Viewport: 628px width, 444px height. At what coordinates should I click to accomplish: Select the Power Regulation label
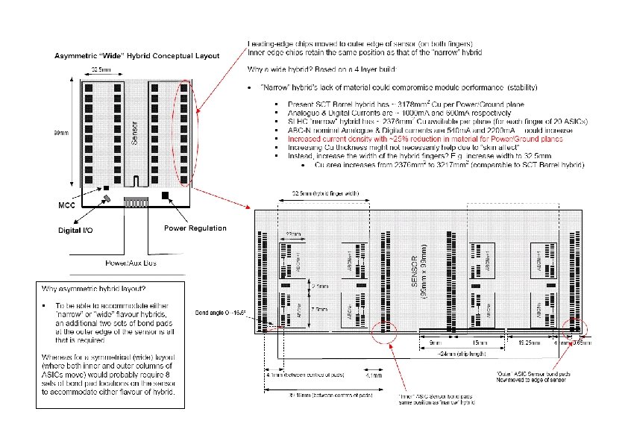click(x=195, y=228)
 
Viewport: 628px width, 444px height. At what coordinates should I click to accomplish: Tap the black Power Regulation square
click(x=166, y=196)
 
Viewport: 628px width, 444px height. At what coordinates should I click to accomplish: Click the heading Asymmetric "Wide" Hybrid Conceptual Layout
click(x=137, y=56)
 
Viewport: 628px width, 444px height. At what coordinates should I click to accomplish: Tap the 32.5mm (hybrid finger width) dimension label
click(x=319, y=193)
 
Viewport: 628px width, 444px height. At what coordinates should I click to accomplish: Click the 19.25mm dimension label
click(x=536, y=343)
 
